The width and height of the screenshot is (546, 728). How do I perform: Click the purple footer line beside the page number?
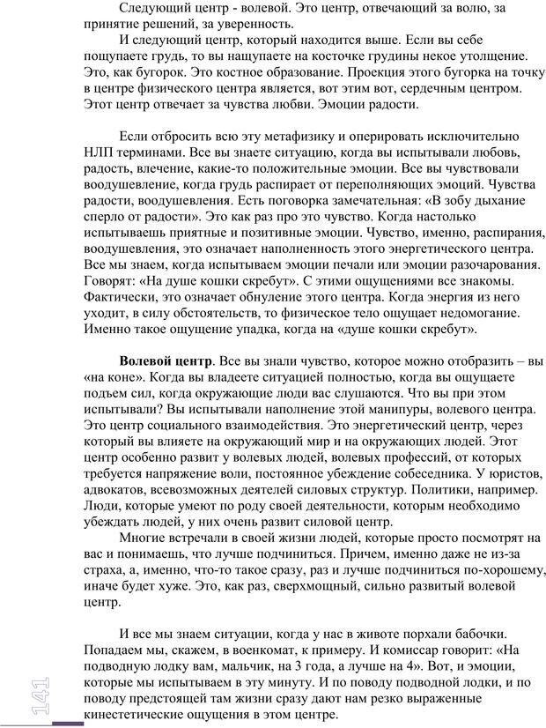tap(68, 723)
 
